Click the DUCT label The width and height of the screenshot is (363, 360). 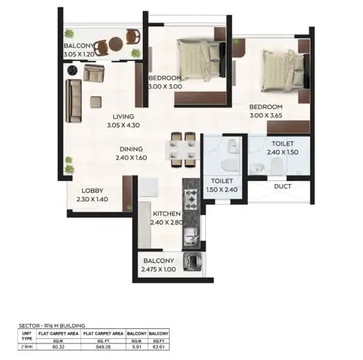283,187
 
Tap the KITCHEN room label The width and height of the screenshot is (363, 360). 167,214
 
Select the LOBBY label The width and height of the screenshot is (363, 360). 92,190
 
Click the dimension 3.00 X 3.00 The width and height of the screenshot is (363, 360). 165,86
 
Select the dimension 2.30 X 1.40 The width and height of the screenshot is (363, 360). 91,199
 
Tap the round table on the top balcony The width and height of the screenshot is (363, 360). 116,45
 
